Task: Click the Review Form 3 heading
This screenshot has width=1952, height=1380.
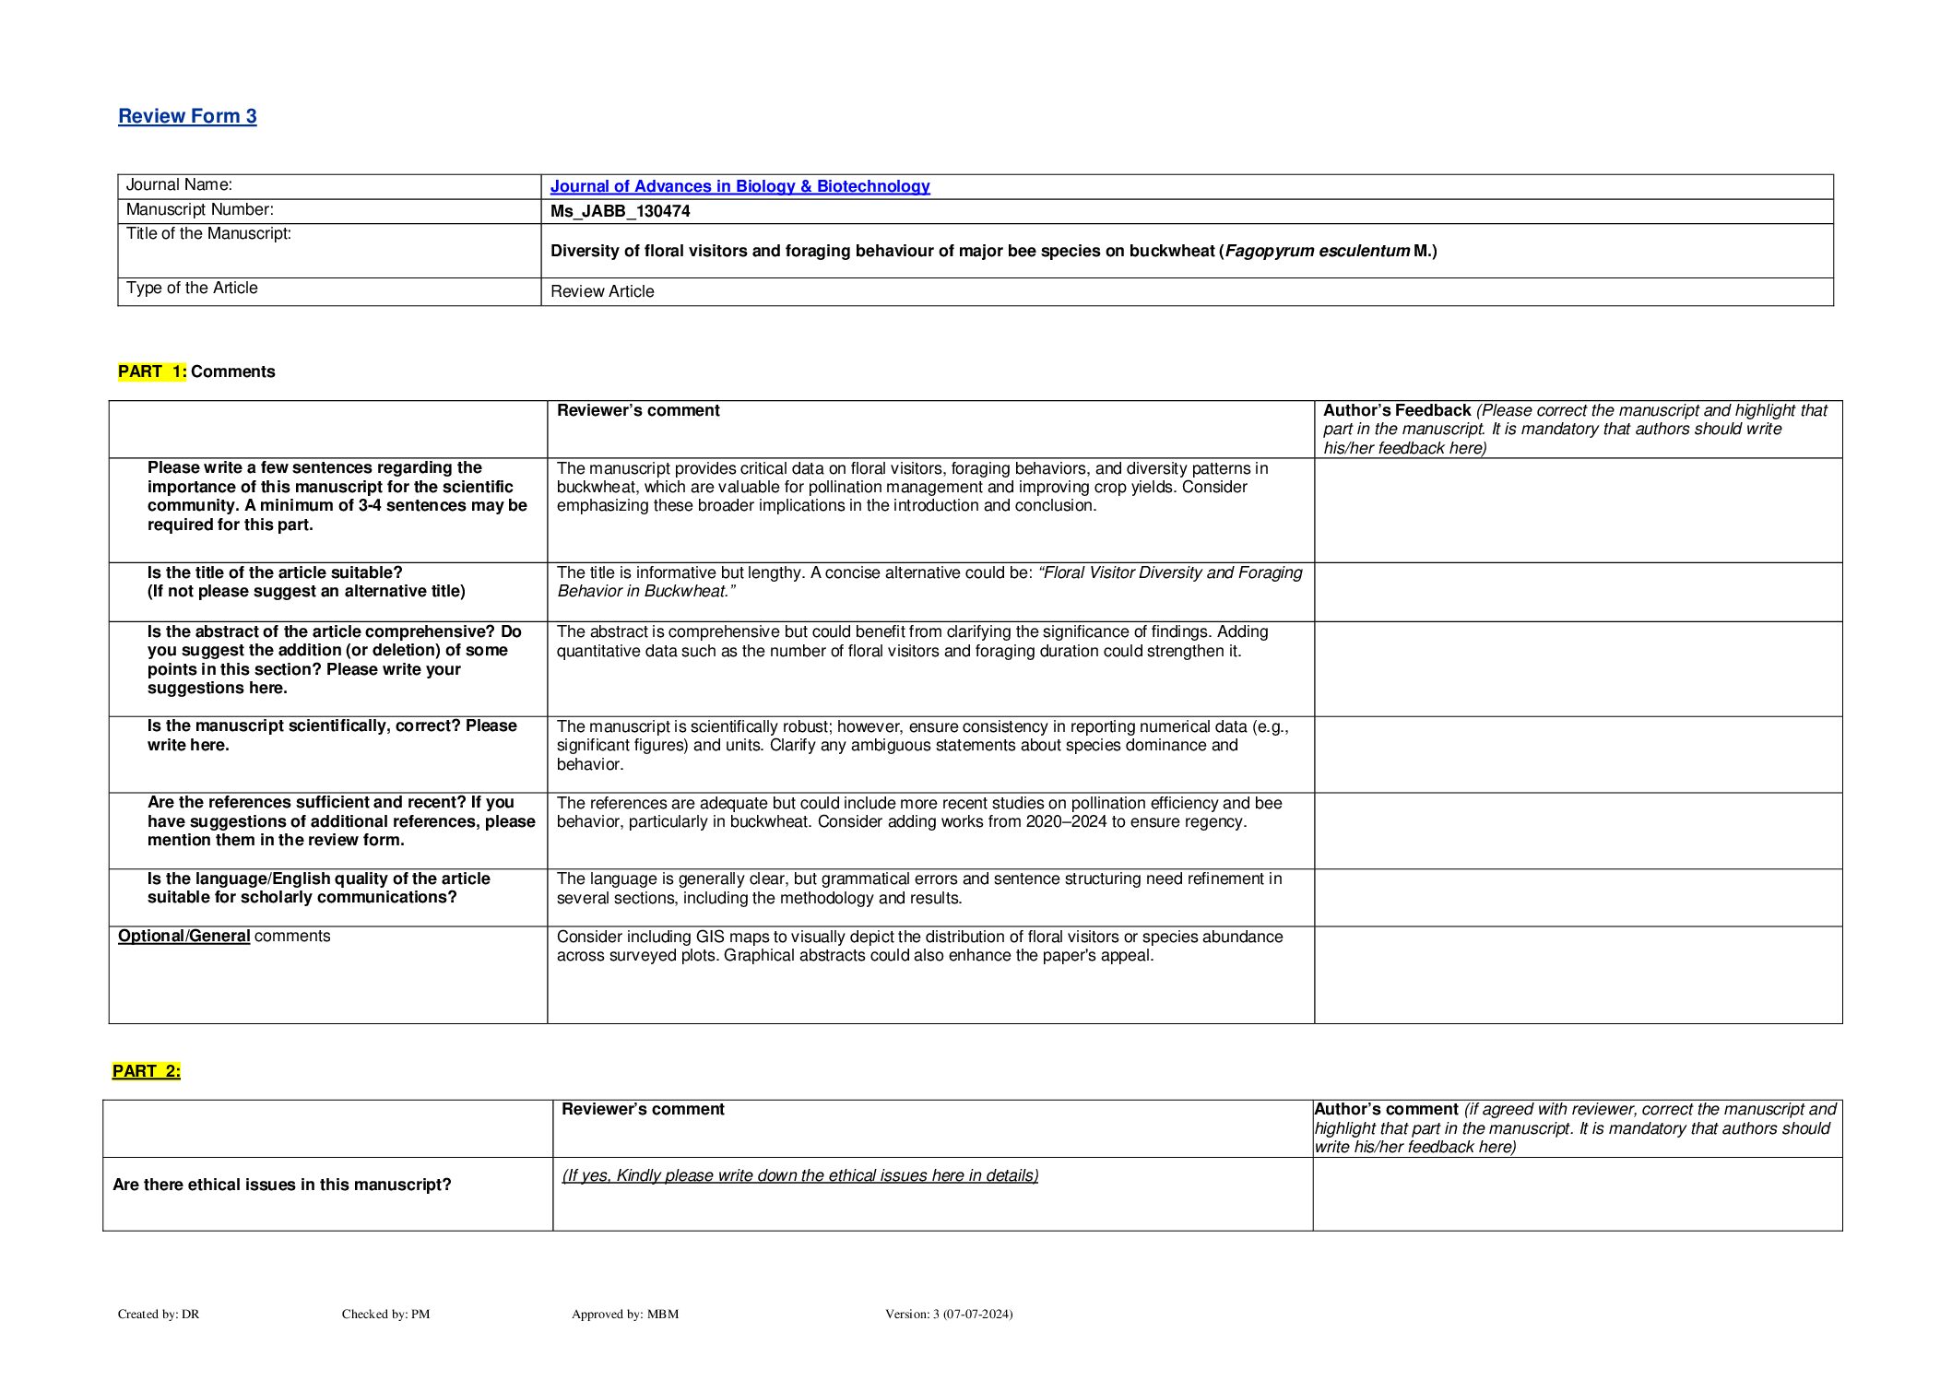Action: [x=187, y=116]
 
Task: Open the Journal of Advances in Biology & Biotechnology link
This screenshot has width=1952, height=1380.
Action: [x=739, y=186]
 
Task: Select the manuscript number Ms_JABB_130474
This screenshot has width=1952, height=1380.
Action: [x=620, y=211]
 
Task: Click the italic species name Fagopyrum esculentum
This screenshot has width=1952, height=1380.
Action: [x=1317, y=251]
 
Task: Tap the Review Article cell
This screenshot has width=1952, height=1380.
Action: [x=602, y=291]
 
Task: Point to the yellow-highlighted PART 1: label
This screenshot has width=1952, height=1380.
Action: [x=152, y=372]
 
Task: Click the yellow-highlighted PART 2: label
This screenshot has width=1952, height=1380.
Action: [x=147, y=1071]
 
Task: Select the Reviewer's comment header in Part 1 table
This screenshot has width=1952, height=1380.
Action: [x=638, y=410]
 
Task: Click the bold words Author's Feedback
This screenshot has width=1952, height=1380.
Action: [x=1396, y=410]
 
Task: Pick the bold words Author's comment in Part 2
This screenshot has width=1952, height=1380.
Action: [x=1386, y=1109]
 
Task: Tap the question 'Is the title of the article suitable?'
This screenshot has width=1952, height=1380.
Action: [x=275, y=572]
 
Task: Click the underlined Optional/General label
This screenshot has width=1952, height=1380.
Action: [x=183, y=936]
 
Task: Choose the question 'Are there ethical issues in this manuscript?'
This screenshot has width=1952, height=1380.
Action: [x=281, y=1185]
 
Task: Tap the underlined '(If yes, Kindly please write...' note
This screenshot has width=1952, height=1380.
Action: [x=799, y=1175]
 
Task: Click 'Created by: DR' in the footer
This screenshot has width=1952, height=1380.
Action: [x=159, y=1314]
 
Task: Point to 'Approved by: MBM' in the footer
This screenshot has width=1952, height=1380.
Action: [x=624, y=1314]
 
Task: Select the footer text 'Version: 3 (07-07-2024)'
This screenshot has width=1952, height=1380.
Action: [x=948, y=1314]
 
